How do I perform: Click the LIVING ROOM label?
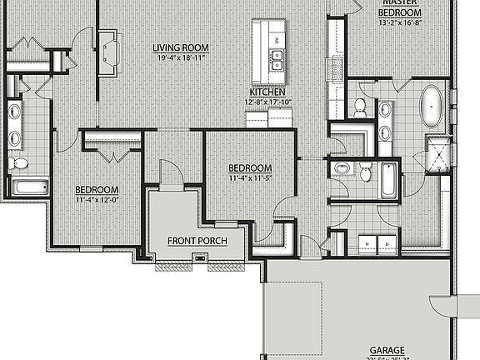pyautogui.click(x=180, y=47)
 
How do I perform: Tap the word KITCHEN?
pyautogui.click(x=268, y=92)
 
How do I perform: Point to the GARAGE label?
pyautogui.click(x=387, y=351)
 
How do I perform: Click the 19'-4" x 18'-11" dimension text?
pyautogui.click(x=179, y=58)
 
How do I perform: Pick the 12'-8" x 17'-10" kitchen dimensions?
pyautogui.click(x=268, y=102)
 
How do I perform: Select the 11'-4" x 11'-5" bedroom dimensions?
pyautogui.click(x=250, y=177)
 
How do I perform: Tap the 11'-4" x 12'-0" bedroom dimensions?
pyautogui.click(x=97, y=199)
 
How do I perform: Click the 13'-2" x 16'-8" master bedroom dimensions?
pyautogui.click(x=400, y=23)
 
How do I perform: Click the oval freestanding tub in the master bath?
pyautogui.click(x=432, y=106)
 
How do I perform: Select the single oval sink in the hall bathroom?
pyautogui.click(x=342, y=170)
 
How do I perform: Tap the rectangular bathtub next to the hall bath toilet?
pyautogui.click(x=389, y=181)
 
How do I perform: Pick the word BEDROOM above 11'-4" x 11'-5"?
pyautogui.click(x=250, y=167)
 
